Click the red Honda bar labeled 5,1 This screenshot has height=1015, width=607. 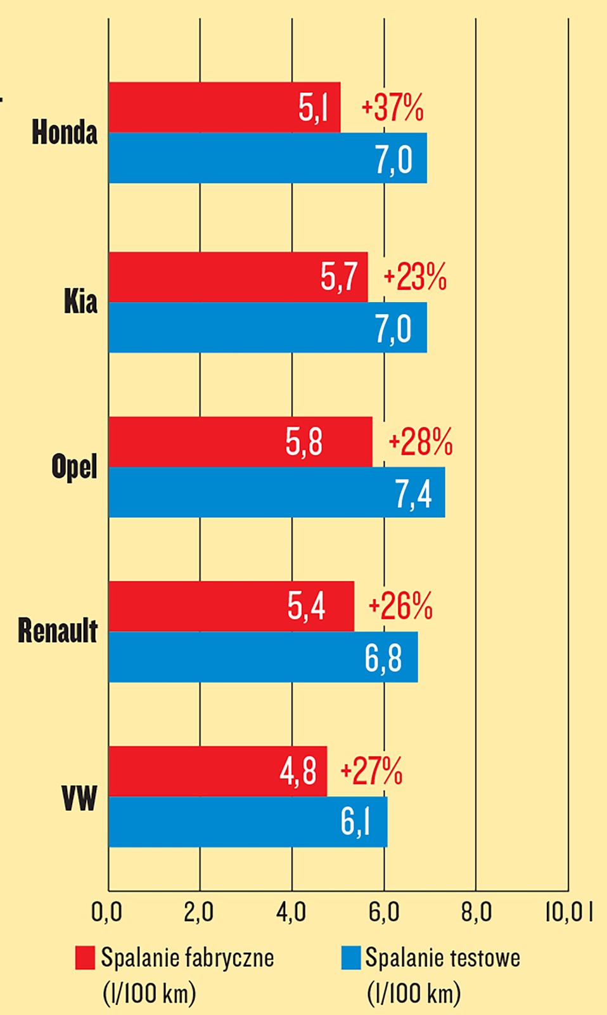click(224, 107)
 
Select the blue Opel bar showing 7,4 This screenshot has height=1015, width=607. click(276, 492)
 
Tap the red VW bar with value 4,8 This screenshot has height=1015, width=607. click(217, 771)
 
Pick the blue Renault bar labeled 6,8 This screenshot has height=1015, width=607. click(263, 657)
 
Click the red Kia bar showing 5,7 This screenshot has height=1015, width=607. click(238, 277)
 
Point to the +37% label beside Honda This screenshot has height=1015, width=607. click(392, 108)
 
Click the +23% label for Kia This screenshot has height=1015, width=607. click(415, 277)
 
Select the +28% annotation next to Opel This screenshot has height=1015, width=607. click(420, 442)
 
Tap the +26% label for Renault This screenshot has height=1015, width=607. click(400, 606)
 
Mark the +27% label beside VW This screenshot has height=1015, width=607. click(371, 771)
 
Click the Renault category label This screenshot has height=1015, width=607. click(58, 631)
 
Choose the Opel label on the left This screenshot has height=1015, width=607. click(74, 468)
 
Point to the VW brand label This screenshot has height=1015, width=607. click(79, 797)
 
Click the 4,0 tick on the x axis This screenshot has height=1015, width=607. click(291, 912)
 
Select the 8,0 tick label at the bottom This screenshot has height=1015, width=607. click(476, 912)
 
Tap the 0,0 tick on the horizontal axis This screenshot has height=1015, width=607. click(106, 912)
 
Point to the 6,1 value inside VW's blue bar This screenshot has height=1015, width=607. click(355, 822)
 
